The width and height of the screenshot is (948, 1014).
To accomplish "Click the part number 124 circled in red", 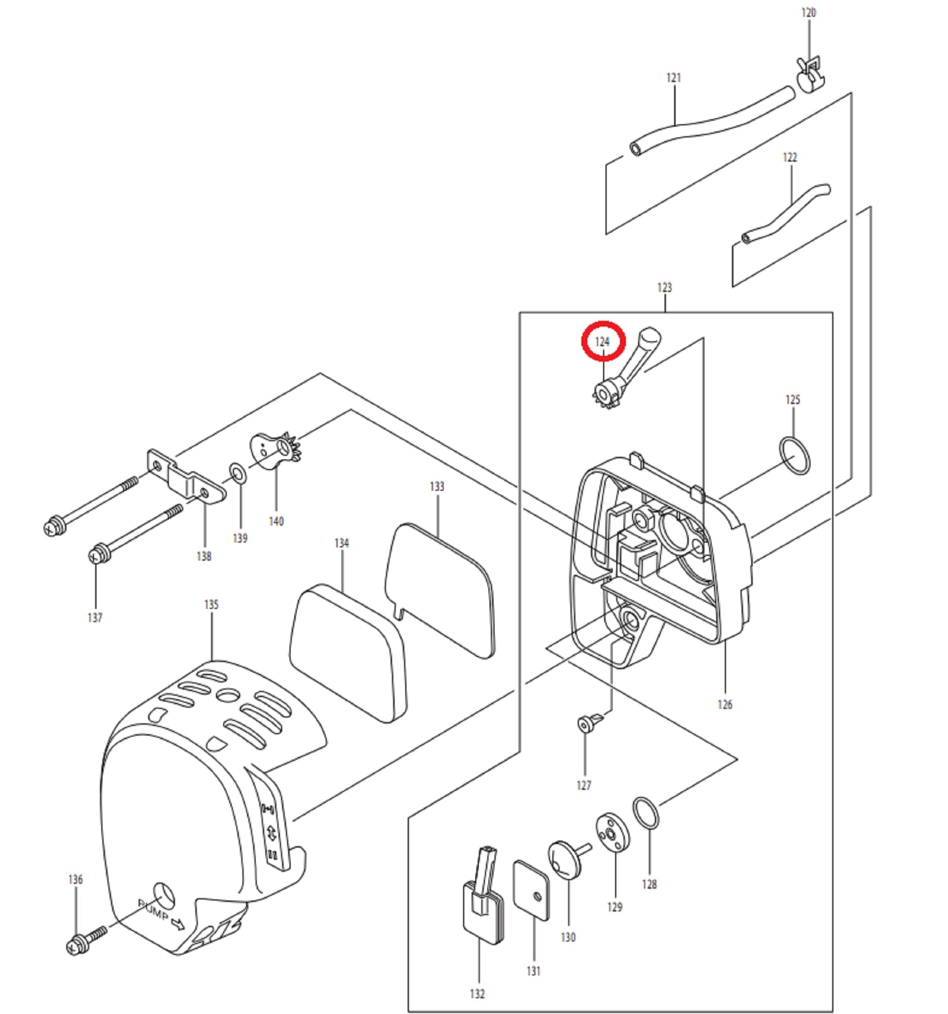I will click(x=603, y=342).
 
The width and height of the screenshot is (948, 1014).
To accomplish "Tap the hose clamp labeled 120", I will click(x=810, y=75).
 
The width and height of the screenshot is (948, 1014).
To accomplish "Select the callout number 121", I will click(x=674, y=78).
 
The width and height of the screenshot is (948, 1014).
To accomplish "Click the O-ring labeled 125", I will click(x=794, y=455).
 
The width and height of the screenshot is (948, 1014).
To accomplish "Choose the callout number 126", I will click(x=724, y=705).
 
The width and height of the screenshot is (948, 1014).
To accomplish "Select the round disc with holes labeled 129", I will click(x=613, y=833).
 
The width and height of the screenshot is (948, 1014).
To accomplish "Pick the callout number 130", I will click(x=568, y=937).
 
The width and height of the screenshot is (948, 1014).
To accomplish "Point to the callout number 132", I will click(x=477, y=994).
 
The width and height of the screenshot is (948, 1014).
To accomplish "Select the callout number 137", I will click(x=95, y=618).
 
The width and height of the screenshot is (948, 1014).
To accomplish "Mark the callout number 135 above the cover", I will click(x=211, y=604).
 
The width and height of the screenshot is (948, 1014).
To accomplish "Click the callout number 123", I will click(x=664, y=287).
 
